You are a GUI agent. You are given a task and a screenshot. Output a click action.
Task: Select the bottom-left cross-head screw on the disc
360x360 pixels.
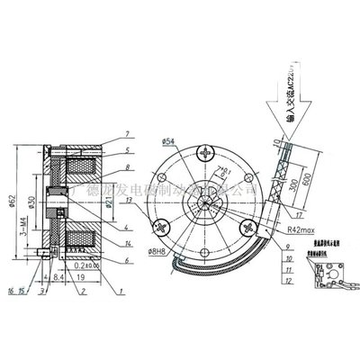point(166,226)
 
